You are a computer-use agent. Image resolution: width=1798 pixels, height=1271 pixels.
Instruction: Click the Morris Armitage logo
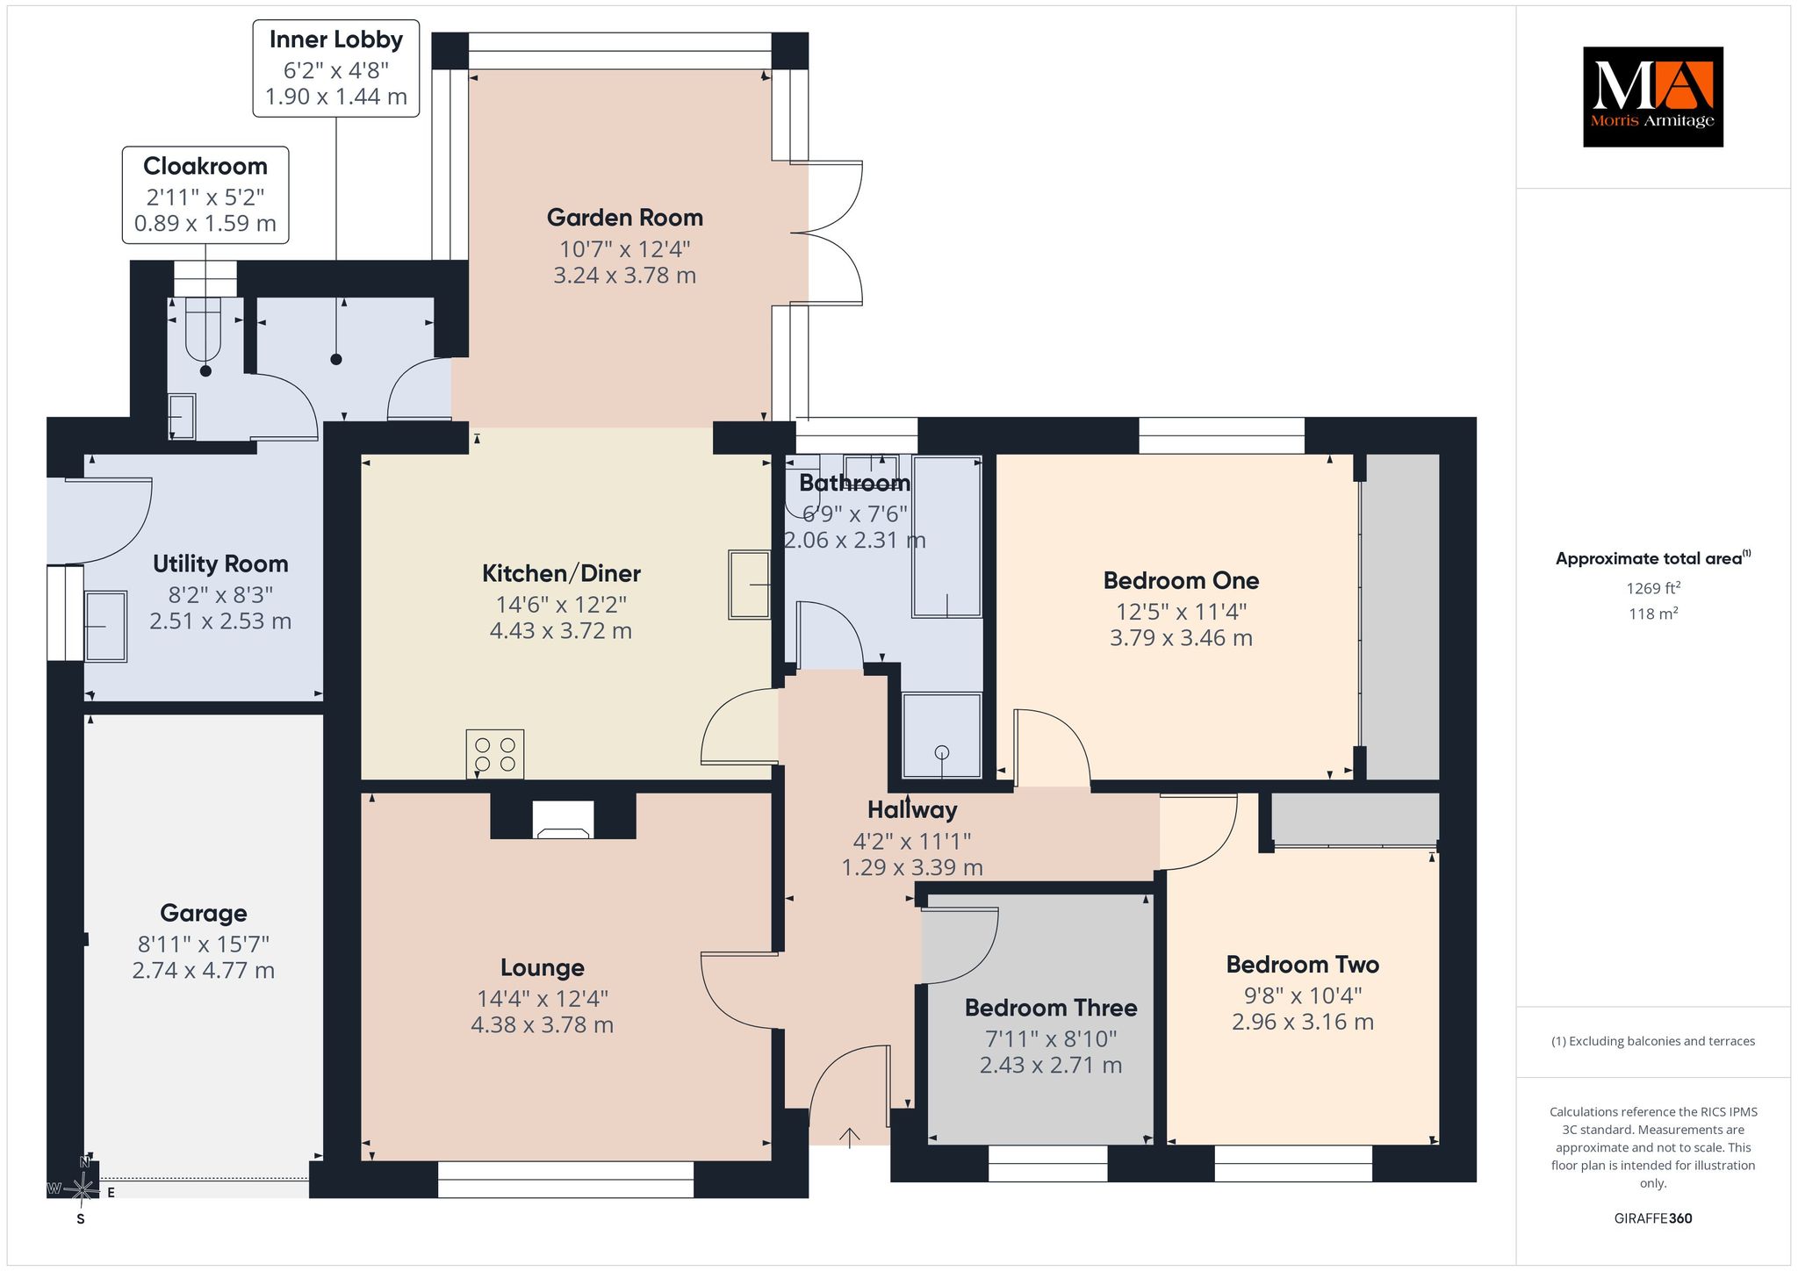[x=1652, y=97]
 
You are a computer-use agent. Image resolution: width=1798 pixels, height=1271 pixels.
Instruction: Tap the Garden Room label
[x=624, y=218]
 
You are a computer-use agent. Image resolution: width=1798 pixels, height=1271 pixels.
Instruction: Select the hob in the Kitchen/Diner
[x=495, y=754]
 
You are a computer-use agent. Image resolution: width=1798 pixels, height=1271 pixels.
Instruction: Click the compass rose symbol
[x=82, y=1190]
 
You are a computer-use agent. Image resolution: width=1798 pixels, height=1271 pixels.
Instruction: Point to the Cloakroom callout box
[x=205, y=194]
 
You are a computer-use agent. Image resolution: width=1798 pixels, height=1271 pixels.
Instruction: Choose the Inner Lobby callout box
[x=336, y=68]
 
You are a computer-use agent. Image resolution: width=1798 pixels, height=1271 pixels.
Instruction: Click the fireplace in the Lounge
[x=563, y=819]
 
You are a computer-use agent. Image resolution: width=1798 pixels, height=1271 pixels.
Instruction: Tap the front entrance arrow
[x=849, y=1137]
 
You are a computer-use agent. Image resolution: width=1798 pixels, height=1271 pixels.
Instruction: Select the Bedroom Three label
[x=1051, y=1008]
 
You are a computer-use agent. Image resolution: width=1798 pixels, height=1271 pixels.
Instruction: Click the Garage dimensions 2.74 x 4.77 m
[x=204, y=971]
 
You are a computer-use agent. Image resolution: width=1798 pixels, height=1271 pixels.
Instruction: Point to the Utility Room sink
[x=105, y=626]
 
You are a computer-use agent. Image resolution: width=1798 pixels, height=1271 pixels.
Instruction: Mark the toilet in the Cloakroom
[x=204, y=330]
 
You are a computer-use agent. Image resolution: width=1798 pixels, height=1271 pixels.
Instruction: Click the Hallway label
[x=912, y=810]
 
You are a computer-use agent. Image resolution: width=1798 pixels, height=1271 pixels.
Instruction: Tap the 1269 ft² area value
[x=1654, y=588]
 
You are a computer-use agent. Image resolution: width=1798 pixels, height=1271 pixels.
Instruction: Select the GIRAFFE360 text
[x=1653, y=1218]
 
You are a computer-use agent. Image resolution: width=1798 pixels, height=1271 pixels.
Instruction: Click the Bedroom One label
[x=1181, y=581]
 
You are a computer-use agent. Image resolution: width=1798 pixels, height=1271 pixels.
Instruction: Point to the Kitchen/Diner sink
[x=749, y=585]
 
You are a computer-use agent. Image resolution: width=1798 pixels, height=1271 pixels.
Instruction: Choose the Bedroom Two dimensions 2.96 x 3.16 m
[x=1303, y=1022]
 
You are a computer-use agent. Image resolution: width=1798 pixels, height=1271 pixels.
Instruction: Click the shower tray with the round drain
[x=942, y=736]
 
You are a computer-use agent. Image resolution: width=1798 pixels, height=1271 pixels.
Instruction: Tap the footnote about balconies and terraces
[x=1653, y=1042]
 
